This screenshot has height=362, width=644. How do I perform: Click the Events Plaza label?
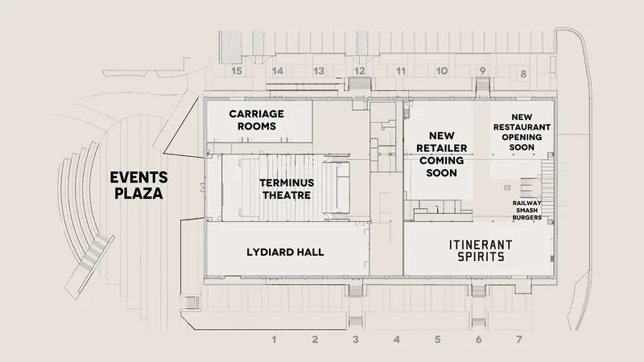pyautogui.click(x=138, y=186)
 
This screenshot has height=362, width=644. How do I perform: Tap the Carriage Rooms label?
pyautogui.click(x=257, y=120)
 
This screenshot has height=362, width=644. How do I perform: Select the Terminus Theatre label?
pyautogui.click(x=287, y=189)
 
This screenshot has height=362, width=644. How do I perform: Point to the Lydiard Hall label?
pyautogui.click(x=286, y=252)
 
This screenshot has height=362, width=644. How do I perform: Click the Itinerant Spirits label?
pyautogui.click(x=481, y=251)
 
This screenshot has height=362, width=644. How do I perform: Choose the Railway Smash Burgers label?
pyautogui.click(x=527, y=210)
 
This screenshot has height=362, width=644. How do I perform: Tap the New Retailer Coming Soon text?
pyautogui.click(x=441, y=154)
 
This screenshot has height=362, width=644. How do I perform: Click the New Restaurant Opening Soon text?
pyautogui.click(x=522, y=132)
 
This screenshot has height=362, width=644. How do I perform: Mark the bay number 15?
pyautogui.click(x=237, y=71)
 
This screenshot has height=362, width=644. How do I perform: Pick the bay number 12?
pyautogui.click(x=360, y=71)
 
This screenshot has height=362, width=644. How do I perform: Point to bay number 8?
pyautogui.click(x=523, y=74)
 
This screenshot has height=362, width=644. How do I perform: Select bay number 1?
pyautogui.click(x=274, y=339)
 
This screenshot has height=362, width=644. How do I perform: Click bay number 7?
pyautogui.click(x=519, y=339)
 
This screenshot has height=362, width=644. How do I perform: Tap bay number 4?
pyautogui.click(x=396, y=339)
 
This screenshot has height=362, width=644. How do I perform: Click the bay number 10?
pyautogui.click(x=442, y=71)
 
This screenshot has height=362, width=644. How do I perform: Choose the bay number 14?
pyautogui.click(x=278, y=71)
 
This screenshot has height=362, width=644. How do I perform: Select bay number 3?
pyautogui.click(x=356, y=339)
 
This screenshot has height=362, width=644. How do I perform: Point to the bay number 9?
pyautogui.click(x=482, y=71)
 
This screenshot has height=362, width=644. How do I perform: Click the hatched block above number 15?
pyautogui.click(x=230, y=47)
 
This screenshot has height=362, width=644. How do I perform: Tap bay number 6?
pyautogui.click(x=478, y=339)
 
